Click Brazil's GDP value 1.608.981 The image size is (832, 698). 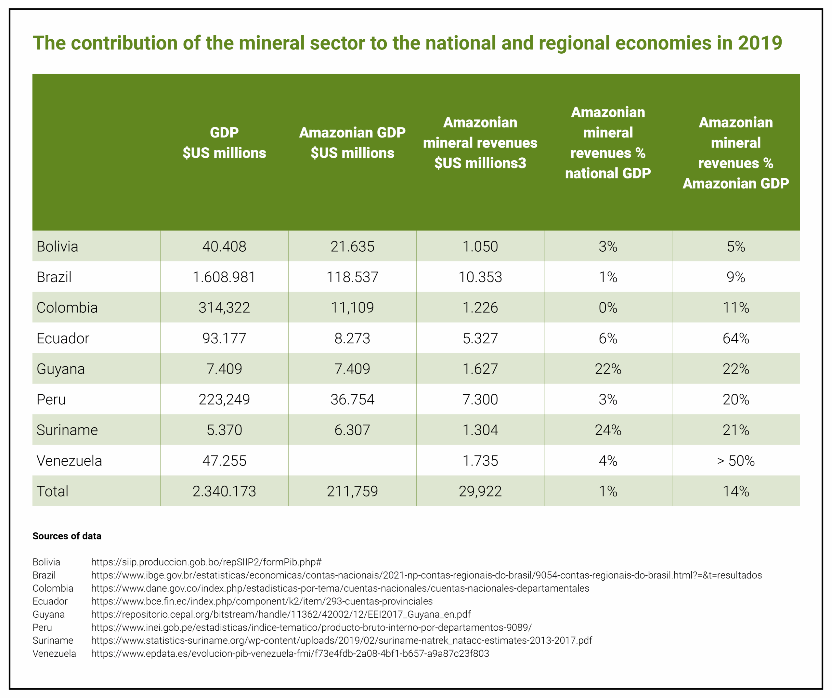pyautogui.click(x=224, y=277)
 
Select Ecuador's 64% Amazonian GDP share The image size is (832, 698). pyautogui.click(x=736, y=338)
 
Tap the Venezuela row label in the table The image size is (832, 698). pyautogui.click(x=69, y=461)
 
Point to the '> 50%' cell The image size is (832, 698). pyautogui.click(x=736, y=461)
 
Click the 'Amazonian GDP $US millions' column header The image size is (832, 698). pyautogui.click(x=352, y=143)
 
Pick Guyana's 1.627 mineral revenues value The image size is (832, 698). pyautogui.click(x=480, y=369)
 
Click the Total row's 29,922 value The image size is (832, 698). pyautogui.click(x=480, y=492)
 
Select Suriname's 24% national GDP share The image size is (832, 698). pyautogui.click(x=608, y=430)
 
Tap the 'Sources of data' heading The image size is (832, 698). pyautogui.click(x=67, y=536)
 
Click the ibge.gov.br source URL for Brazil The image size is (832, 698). pyautogui.click(x=426, y=575)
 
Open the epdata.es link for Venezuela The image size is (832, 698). pyautogui.click(x=290, y=653)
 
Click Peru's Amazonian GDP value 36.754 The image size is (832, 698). pyautogui.click(x=352, y=400)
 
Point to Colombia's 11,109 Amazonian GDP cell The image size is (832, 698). pyautogui.click(x=352, y=308)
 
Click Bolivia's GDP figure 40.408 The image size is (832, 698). pyautogui.click(x=224, y=246)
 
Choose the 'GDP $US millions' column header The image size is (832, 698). pyautogui.click(x=224, y=143)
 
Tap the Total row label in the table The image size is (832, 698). pyautogui.click(x=53, y=492)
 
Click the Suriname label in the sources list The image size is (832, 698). pyautogui.click(x=53, y=640)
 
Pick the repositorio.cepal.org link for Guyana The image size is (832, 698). pyautogui.click(x=281, y=614)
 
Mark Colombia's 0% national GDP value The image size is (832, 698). pyautogui.click(x=608, y=308)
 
